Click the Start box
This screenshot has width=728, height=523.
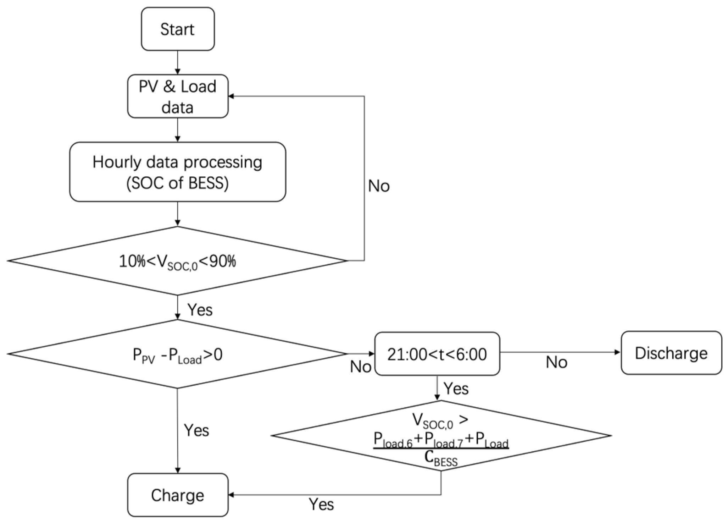(178, 29)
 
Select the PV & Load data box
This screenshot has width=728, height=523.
(178, 96)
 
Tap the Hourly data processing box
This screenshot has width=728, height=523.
(178, 172)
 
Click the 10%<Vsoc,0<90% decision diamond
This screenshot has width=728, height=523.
(177, 261)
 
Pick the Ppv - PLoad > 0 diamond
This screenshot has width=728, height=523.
(177, 354)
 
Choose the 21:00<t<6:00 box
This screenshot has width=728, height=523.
(437, 354)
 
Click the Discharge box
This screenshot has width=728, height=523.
(671, 353)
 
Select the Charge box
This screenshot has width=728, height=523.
(178, 495)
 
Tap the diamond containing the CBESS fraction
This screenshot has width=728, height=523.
(441, 436)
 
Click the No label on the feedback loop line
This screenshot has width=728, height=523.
(379, 186)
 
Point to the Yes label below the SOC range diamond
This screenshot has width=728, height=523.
(200, 310)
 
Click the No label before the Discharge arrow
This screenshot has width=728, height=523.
(556, 362)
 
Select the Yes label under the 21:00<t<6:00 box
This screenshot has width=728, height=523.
(456, 389)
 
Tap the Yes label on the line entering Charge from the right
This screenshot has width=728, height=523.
(321, 504)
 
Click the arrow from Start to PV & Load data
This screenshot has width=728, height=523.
(178, 62)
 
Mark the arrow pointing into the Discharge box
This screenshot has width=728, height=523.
(560, 352)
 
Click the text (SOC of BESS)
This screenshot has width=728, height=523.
(178, 183)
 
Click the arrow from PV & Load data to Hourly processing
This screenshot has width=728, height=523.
(178, 130)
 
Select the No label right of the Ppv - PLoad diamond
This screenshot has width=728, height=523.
(361, 367)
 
